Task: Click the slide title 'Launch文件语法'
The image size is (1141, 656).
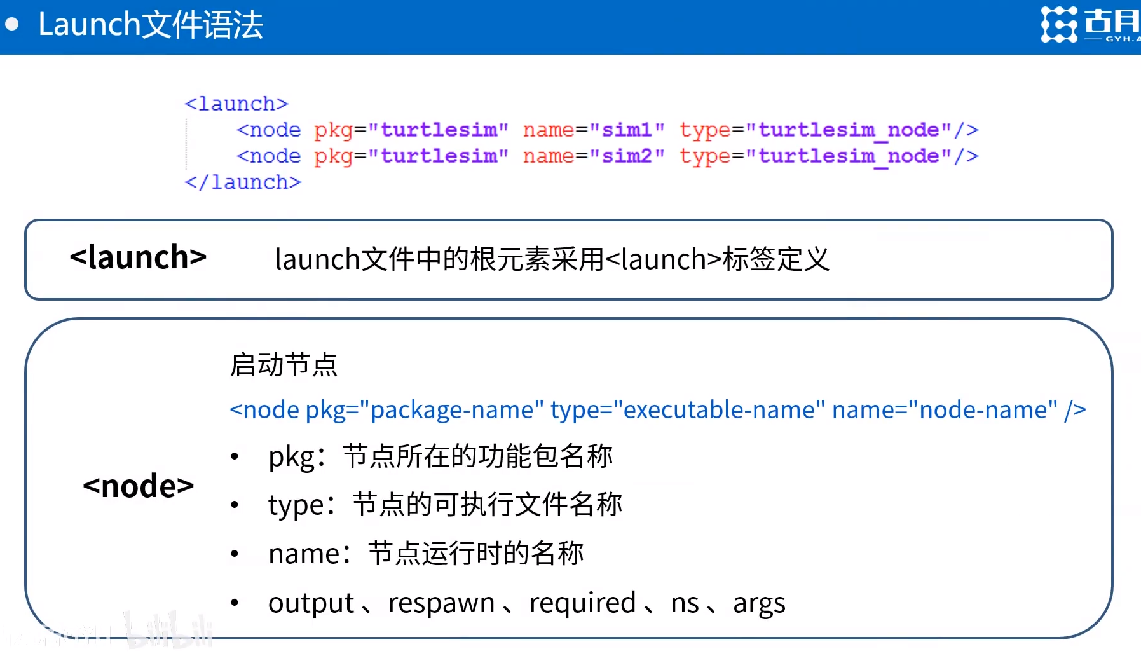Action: point(151,25)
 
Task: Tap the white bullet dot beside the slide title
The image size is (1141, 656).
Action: point(12,24)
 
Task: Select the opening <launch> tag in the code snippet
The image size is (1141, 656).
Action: point(236,104)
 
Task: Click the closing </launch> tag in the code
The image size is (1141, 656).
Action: point(243,182)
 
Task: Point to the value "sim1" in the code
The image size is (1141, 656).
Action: point(627,130)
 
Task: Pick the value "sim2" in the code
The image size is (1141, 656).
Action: point(627,156)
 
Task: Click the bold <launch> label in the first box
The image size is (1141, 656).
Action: point(138,257)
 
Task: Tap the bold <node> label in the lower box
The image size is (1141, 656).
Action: point(138,486)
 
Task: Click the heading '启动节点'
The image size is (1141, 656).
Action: point(284,365)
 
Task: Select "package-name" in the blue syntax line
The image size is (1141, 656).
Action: point(451,410)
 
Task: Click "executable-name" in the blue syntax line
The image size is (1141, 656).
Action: point(719,410)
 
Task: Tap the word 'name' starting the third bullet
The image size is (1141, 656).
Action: point(304,554)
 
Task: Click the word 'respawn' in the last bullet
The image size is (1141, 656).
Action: point(441,603)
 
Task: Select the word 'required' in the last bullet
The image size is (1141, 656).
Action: point(582,603)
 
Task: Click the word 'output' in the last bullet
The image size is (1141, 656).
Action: point(311,603)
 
